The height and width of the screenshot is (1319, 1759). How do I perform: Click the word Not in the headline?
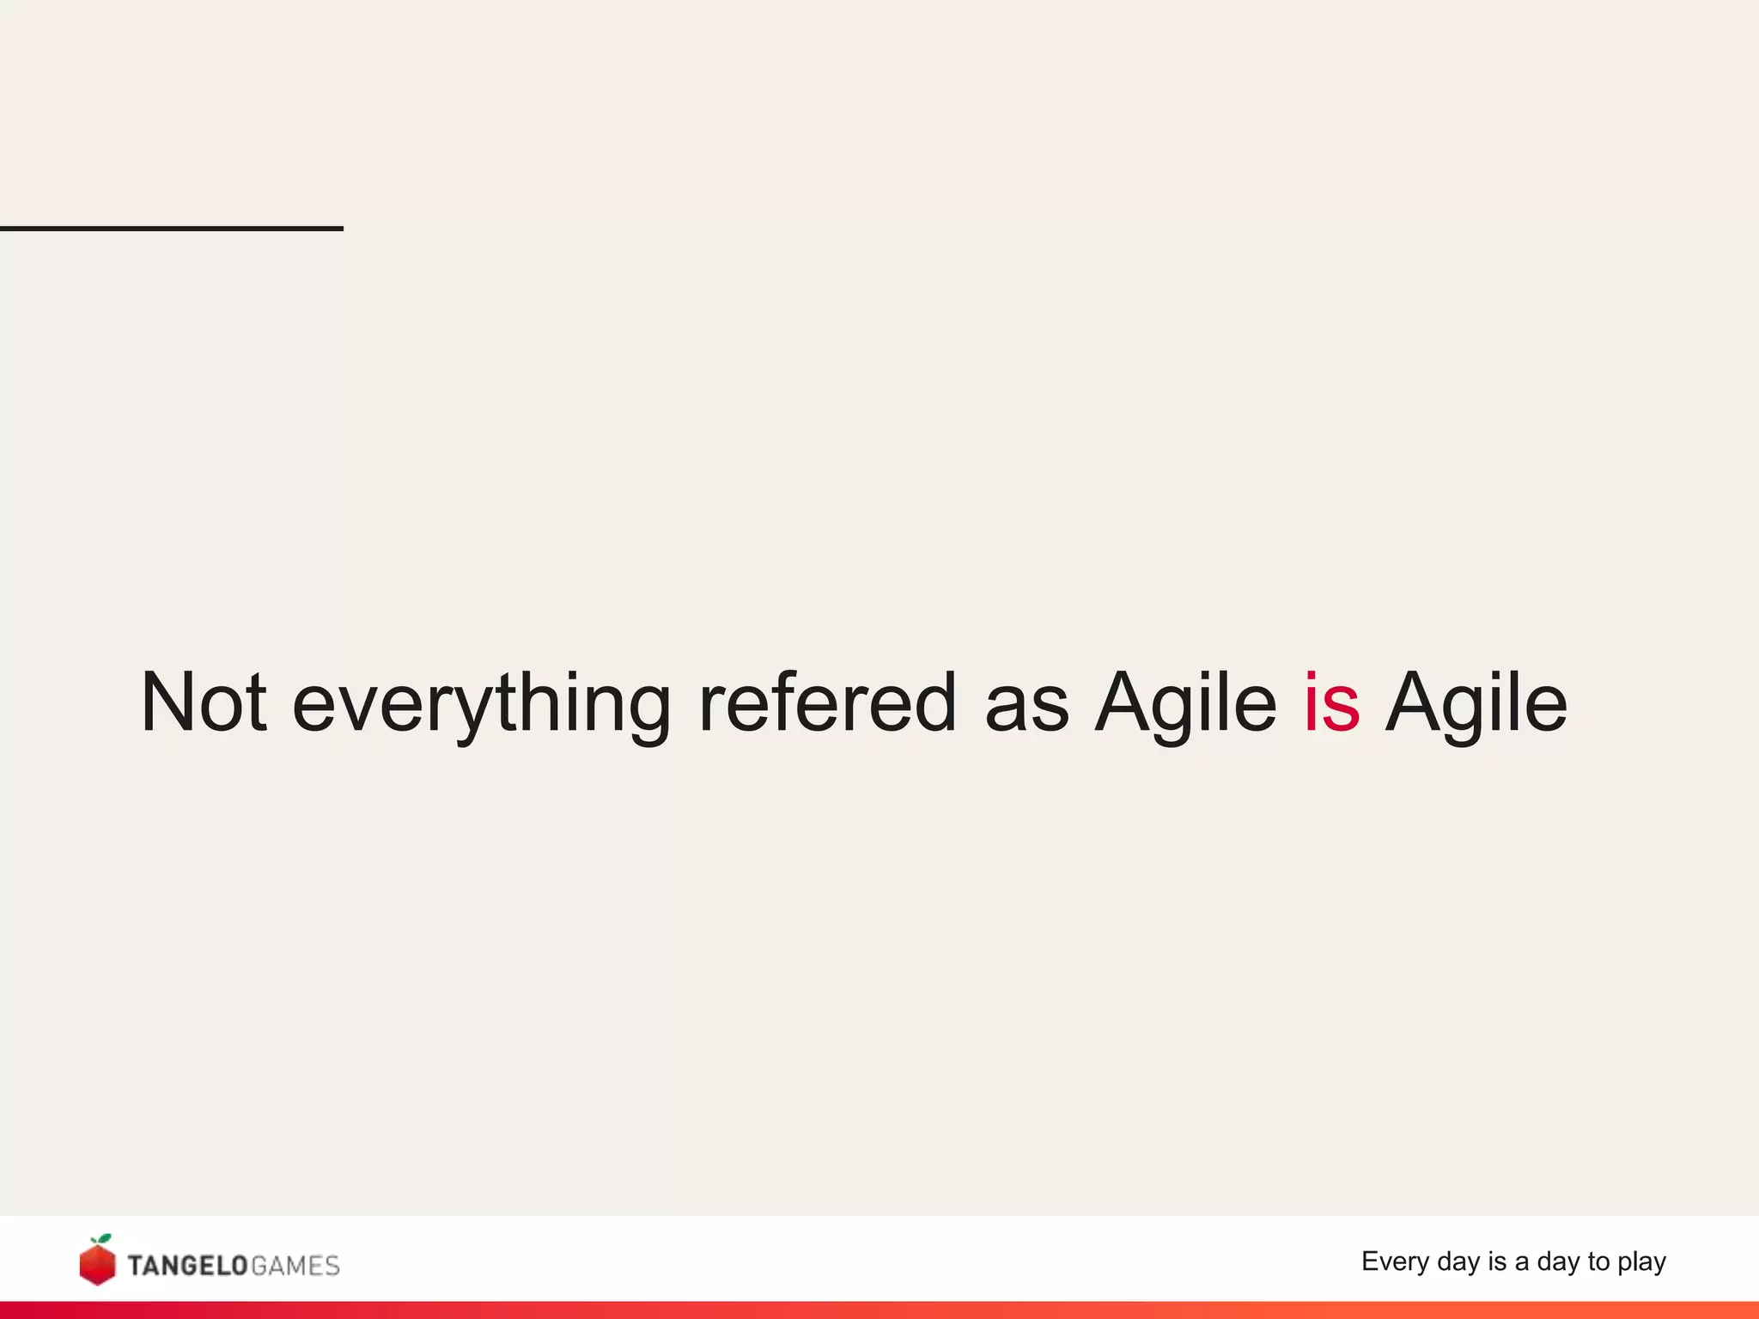click(204, 702)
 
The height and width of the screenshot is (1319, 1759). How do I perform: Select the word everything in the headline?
click(481, 704)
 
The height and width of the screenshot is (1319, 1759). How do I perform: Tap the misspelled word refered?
click(827, 702)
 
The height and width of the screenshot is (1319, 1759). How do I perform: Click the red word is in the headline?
click(1331, 702)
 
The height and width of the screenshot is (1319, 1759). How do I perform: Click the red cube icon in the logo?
click(97, 1265)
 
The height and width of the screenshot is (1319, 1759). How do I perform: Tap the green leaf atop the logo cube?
click(104, 1239)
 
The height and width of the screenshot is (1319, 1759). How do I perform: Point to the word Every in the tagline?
click(1395, 1261)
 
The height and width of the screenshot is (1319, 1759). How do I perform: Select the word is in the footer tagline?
click(1497, 1261)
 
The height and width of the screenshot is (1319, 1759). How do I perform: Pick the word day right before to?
click(1558, 1261)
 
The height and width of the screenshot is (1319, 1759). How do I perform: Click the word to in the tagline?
click(1598, 1261)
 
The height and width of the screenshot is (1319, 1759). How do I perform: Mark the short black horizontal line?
click(172, 228)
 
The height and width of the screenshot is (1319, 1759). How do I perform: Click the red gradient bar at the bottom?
click(879, 1310)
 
